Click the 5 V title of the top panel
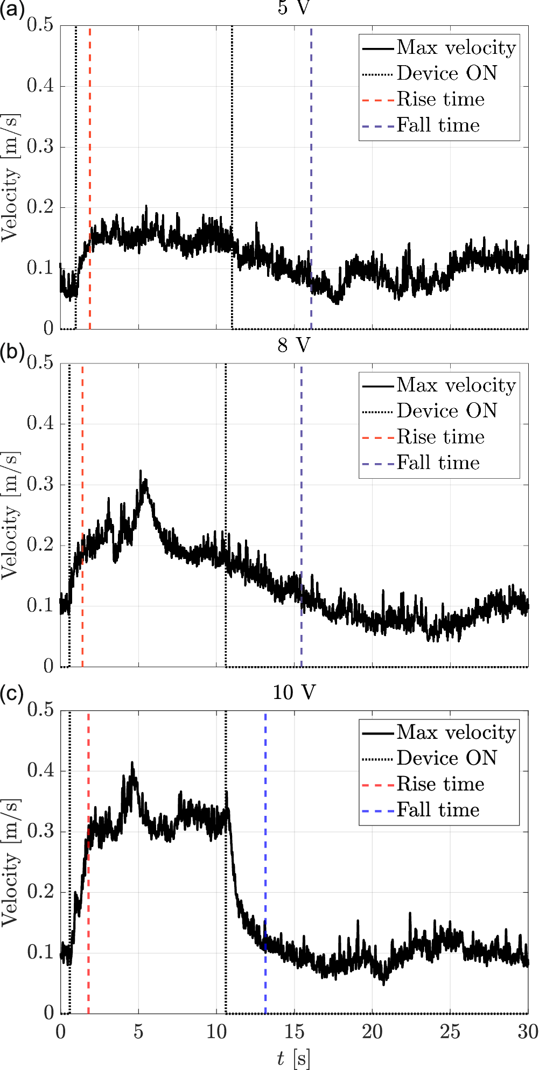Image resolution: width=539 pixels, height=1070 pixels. click(293, 8)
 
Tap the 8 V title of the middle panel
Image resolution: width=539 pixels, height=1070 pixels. click(293, 345)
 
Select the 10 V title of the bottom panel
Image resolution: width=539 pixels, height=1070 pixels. click(293, 692)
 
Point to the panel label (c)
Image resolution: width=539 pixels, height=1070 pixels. click(12, 694)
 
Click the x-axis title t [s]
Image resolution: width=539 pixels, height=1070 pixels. click(293, 1058)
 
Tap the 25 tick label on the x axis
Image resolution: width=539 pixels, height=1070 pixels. click(450, 1032)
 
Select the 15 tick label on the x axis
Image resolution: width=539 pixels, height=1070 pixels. click(294, 1032)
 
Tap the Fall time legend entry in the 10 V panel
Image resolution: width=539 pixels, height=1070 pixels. click(438, 810)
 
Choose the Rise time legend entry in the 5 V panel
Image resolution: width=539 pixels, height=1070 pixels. click(440, 99)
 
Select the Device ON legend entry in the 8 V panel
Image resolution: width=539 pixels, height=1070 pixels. click(447, 411)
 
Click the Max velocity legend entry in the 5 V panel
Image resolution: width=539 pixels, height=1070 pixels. click(456, 48)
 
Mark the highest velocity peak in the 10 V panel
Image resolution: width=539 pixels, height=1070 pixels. click(132, 763)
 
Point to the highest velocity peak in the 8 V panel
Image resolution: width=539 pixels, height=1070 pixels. click(141, 471)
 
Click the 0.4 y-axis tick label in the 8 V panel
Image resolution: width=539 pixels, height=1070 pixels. click(40, 423)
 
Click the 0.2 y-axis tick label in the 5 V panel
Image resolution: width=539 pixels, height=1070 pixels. click(40, 207)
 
